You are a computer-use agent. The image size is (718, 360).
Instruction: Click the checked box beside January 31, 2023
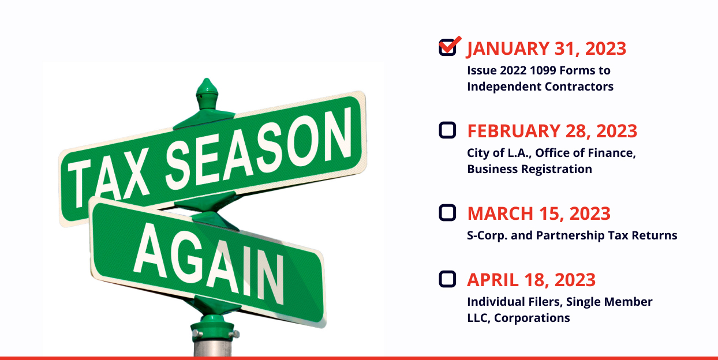tap(447, 48)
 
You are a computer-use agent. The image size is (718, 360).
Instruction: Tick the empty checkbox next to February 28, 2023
tap(447, 130)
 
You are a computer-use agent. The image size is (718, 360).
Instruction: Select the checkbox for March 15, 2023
tap(447, 213)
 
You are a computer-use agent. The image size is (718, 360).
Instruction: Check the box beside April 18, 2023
tap(447, 279)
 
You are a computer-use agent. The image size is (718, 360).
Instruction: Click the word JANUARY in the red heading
tap(508, 49)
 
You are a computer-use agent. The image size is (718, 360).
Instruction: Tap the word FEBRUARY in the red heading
tap(514, 131)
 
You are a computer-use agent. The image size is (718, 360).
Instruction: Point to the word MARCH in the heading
tap(500, 213)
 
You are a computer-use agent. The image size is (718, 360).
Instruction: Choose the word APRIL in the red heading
tap(493, 280)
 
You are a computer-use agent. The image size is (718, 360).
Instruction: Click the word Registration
tap(556, 170)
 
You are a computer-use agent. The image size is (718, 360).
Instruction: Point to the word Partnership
tap(570, 236)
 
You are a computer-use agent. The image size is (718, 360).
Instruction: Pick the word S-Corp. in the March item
tap(487, 236)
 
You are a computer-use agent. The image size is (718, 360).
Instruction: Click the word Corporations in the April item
tap(532, 318)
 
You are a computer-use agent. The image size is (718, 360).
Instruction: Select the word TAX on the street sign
tap(109, 178)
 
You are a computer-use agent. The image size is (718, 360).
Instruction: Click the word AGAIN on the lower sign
tap(208, 262)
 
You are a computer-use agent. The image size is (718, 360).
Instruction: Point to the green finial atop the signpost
tap(207, 94)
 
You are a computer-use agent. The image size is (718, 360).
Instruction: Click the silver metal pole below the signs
tap(212, 347)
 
